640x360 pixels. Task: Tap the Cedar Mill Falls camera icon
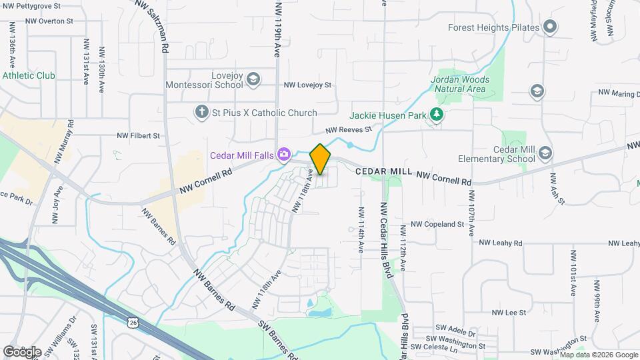tap(285, 155)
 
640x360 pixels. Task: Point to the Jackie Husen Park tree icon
tap(437, 115)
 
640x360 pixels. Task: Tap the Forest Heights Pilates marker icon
tap(550, 27)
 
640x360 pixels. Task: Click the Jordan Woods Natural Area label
tap(460, 84)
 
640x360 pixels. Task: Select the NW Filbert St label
tap(139, 135)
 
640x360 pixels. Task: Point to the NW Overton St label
tap(49, 21)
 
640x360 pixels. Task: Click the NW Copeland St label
tap(437, 225)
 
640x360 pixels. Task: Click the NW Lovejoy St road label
tap(307, 85)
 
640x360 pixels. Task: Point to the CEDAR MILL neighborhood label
tap(383, 171)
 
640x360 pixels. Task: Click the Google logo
tap(23, 351)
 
